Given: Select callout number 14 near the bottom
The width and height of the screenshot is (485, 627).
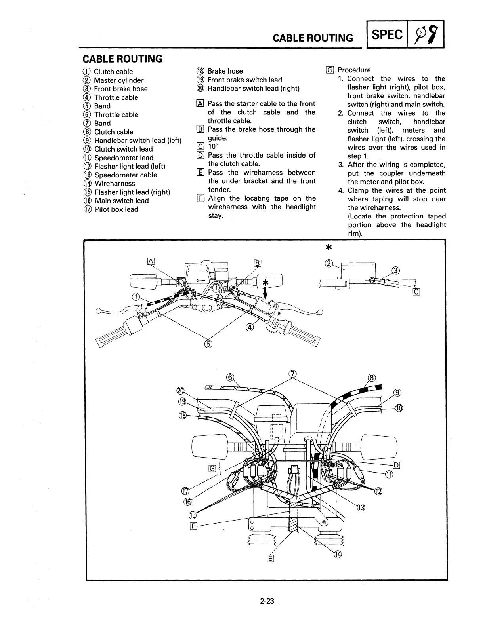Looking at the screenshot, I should (337, 554).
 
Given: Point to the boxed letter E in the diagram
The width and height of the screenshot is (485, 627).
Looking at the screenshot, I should (271, 559).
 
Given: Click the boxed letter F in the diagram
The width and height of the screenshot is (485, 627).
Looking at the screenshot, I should (194, 526).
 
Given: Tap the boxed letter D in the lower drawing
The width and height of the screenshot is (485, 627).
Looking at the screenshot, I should (396, 465).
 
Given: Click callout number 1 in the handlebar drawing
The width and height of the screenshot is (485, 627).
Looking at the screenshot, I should (136, 297).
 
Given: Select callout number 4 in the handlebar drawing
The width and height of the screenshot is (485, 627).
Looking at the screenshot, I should (250, 327).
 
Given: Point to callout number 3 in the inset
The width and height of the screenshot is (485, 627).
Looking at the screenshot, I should (395, 271).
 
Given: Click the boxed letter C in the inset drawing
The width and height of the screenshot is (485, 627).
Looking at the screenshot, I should (416, 292).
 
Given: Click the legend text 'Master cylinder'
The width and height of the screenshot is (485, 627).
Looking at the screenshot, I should (118, 80).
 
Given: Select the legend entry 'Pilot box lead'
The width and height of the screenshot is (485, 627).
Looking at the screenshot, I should (116, 209).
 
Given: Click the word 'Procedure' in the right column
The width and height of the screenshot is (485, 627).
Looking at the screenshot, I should (354, 70).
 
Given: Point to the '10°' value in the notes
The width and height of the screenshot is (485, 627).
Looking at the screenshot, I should (213, 147).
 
